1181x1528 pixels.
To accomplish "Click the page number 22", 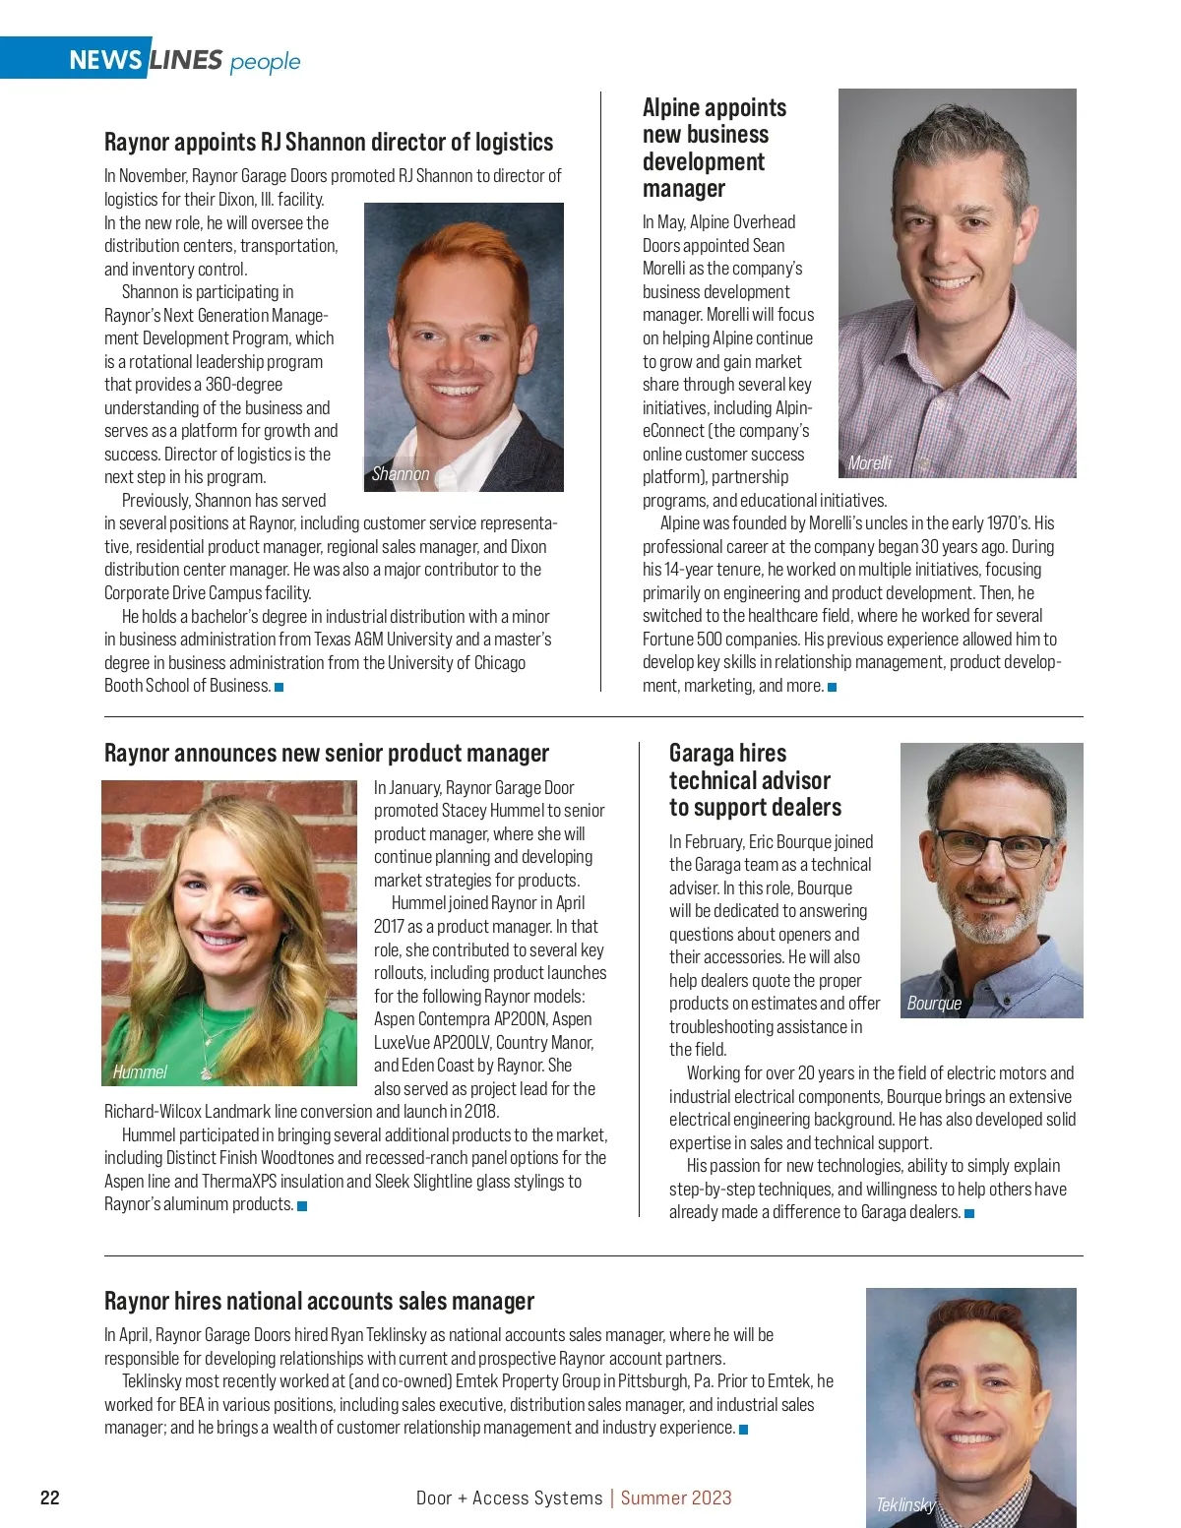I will point(50,1497).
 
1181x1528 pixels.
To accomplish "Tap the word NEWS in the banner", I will point(105,61).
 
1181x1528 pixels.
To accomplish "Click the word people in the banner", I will point(265,62).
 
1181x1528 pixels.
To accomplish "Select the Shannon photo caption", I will point(401,474).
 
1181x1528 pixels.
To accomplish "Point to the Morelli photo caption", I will point(870,462).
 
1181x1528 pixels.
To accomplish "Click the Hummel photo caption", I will point(140,1071).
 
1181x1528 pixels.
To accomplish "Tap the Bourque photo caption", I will point(934,1004).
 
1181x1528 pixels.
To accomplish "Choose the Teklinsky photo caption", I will point(905,1504).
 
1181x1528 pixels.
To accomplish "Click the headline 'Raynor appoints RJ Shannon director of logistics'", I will point(329,142).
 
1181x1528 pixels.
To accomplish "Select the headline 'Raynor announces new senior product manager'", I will point(327,754).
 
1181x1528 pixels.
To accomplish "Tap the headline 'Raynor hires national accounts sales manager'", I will point(319,1301).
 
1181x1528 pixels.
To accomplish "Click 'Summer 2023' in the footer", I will point(676,1497).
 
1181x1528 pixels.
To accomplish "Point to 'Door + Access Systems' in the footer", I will point(509,1497).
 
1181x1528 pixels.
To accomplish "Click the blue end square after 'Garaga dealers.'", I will point(969,1213).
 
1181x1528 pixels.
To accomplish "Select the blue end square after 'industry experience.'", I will point(744,1429).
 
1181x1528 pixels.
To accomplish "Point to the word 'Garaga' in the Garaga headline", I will point(701,754).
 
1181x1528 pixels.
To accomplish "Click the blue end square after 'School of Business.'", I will point(280,687).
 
